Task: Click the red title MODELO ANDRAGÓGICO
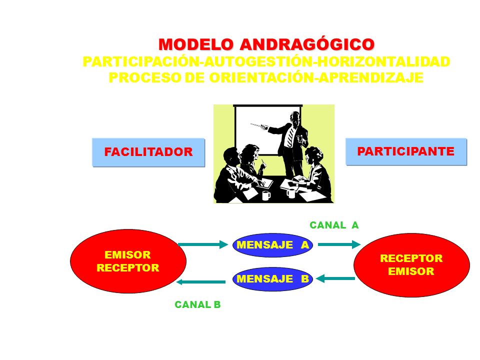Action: tap(266, 44)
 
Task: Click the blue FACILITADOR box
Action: tap(148, 152)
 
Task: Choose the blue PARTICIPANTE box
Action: tap(406, 151)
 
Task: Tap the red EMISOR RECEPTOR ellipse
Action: tap(128, 261)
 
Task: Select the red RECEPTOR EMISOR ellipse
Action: tap(411, 265)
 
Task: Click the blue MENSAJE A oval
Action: tap(272, 244)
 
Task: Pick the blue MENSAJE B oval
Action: tap(272, 279)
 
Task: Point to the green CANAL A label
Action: tap(334, 225)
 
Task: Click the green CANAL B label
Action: tap(197, 304)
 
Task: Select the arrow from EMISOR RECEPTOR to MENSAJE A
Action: tap(202, 244)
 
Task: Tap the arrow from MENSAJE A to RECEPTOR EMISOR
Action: tap(338, 244)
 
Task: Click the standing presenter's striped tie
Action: tap(290, 136)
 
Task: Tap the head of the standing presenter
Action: tap(294, 118)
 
